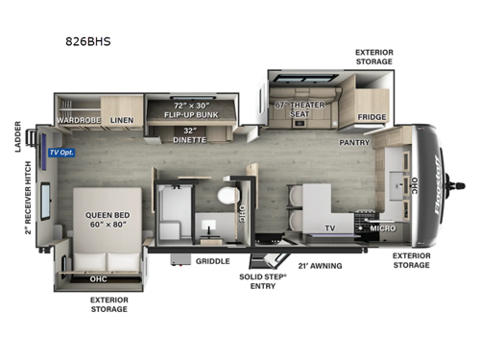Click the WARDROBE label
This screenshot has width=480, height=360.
coord(78,121)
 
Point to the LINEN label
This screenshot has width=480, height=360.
coord(122,121)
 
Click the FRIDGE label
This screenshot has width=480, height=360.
coord(372,118)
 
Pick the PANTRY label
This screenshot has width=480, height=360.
coord(355,142)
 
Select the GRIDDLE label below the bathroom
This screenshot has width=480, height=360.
coord(212,260)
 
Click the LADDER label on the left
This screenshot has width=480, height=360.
coord(18,136)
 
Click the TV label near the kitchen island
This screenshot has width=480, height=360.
coord(330,229)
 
